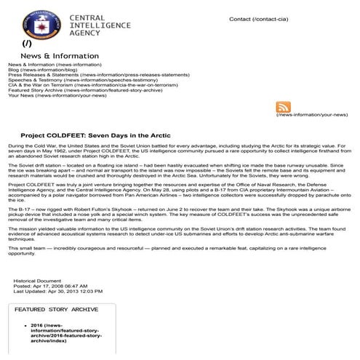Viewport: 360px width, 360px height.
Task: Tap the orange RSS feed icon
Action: point(284,107)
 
